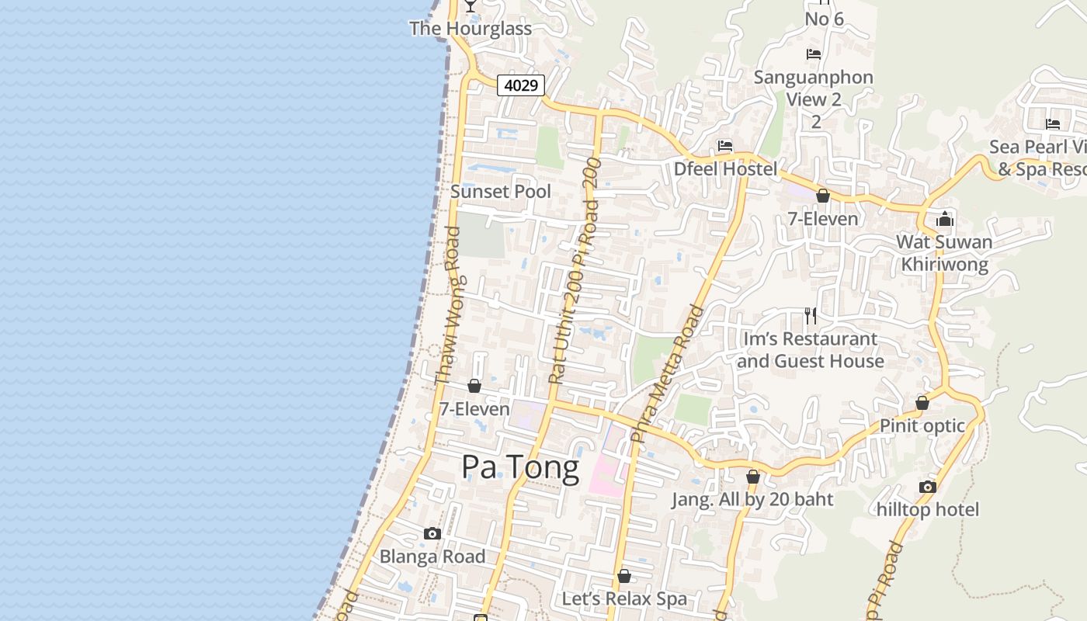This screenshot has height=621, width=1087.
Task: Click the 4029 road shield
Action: [521, 85]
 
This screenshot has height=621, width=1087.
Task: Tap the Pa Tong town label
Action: [520, 467]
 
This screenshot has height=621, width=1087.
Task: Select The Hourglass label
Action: [471, 29]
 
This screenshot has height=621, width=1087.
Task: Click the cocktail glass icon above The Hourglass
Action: [470, 6]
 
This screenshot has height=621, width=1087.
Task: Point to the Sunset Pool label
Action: [501, 191]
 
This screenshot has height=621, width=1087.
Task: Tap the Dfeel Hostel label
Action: [725, 168]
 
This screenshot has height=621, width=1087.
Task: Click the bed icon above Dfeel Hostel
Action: [725, 146]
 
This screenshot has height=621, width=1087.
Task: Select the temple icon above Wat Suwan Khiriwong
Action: [944, 219]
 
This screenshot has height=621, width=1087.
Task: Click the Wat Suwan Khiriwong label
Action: [944, 253]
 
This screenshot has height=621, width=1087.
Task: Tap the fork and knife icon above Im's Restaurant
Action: [811, 315]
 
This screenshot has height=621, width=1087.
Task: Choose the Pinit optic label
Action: [922, 425]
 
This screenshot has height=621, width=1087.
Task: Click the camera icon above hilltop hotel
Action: [927, 487]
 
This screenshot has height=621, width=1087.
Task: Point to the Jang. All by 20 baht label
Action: [752, 499]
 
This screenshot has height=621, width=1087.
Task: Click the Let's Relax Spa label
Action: [624, 598]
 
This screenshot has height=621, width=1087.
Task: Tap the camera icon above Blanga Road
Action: [432, 533]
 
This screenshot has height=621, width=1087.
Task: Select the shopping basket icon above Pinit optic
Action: [922, 403]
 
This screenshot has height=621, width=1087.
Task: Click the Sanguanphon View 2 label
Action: [814, 88]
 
